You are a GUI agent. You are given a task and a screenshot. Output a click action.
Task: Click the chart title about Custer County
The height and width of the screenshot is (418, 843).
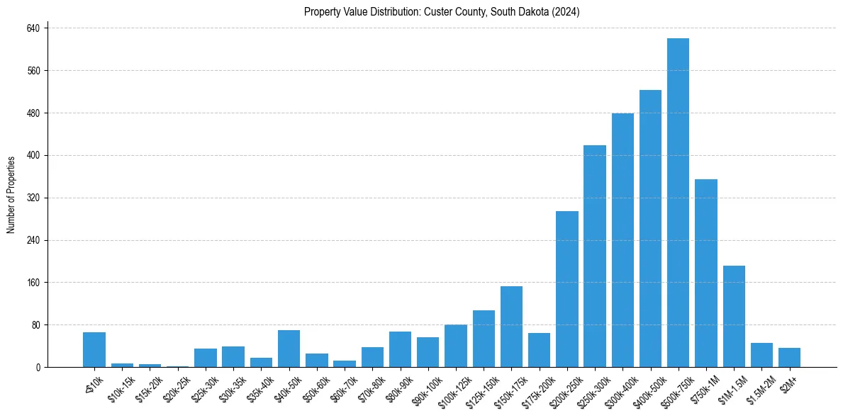click(442, 12)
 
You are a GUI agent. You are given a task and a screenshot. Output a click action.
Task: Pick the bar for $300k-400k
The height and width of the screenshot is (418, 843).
click(623, 240)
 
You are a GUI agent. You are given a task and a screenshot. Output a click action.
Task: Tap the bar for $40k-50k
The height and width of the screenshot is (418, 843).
click(289, 349)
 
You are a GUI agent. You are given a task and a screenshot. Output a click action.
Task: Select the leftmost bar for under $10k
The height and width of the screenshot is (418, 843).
click(94, 349)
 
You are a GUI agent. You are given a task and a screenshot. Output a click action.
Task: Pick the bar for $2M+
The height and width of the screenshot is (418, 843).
click(789, 357)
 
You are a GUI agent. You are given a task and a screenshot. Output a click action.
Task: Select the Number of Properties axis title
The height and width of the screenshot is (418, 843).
click(11, 195)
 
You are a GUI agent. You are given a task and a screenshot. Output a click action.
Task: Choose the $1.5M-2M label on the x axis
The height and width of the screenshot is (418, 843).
click(759, 388)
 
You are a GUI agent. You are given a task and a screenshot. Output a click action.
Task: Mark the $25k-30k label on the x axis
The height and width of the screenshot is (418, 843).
click(204, 386)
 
